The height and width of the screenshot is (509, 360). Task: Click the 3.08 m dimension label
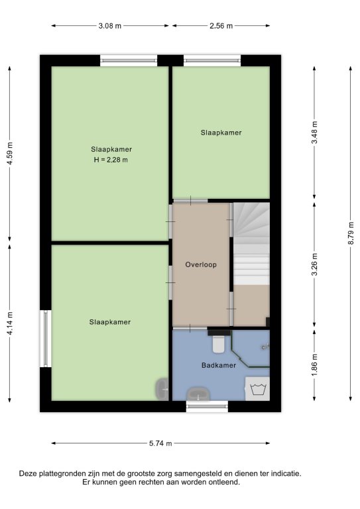[x=109, y=26]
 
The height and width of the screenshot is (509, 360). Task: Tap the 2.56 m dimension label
[x=221, y=26]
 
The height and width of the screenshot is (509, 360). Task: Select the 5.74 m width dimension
[x=160, y=443]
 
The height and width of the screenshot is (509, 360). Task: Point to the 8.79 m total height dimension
[x=351, y=233]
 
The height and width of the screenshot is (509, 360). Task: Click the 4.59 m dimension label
[x=10, y=154]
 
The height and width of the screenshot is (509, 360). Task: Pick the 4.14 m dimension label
[x=10, y=323]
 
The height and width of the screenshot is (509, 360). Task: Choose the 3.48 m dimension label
[x=314, y=133]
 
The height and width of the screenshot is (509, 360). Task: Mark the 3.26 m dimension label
[x=314, y=264]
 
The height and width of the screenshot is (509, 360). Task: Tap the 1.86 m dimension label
[x=314, y=366]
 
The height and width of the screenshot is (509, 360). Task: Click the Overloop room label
[x=201, y=264]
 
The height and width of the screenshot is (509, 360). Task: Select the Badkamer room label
[x=219, y=365]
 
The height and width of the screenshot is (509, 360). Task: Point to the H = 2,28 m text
[x=111, y=160]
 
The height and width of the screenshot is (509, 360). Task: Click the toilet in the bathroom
[x=219, y=344]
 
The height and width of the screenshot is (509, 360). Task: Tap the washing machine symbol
[x=257, y=388]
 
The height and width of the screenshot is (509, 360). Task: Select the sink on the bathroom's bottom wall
[x=198, y=394]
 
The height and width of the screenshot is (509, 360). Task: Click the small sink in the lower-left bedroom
[x=162, y=389]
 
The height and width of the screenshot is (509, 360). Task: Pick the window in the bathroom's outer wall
[x=207, y=406]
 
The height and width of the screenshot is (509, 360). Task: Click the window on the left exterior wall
[x=46, y=339]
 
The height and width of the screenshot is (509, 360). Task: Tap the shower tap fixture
[x=265, y=347]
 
